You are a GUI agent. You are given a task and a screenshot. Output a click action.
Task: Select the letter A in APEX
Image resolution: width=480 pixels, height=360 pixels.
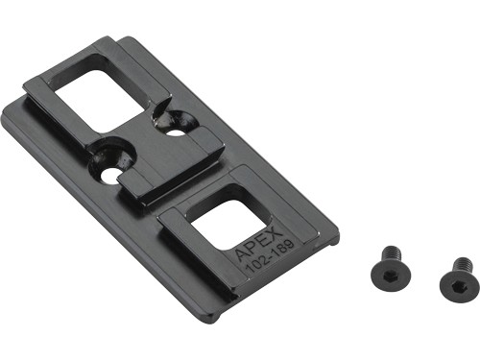pyautogui.click(x=242, y=254)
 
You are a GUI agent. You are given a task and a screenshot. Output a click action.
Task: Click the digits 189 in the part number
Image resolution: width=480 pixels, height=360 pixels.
pyautogui.click(x=282, y=248)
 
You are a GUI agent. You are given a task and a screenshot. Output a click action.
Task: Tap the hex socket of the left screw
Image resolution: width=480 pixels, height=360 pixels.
pyautogui.click(x=390, y=276)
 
